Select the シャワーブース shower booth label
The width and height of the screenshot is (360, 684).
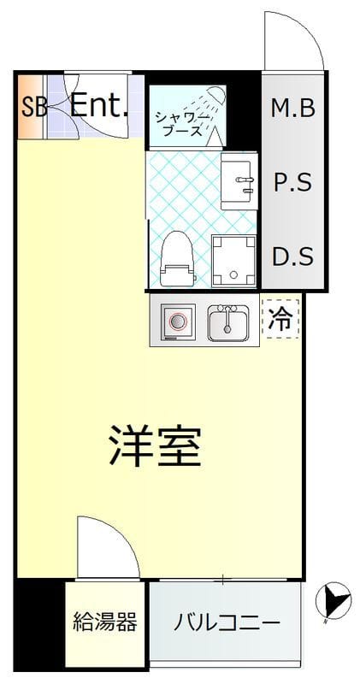(x=178, y=123)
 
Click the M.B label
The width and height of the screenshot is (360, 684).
(x=293, y=108)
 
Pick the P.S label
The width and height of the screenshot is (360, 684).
(x=293, y=182)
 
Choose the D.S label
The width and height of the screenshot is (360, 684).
(x=293, y=256)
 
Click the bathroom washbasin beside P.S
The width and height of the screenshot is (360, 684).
(x=239, y=180)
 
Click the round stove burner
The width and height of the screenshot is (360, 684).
(x=178, y=322)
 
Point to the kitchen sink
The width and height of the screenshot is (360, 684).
(x=227, y=323)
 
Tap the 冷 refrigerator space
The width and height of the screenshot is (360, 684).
(x=280, y=319)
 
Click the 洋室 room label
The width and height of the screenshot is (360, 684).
(x=155, y=445)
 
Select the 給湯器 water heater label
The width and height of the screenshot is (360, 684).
(x=104, y=622)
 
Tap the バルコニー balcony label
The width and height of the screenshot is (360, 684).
(x=227, y=622)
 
